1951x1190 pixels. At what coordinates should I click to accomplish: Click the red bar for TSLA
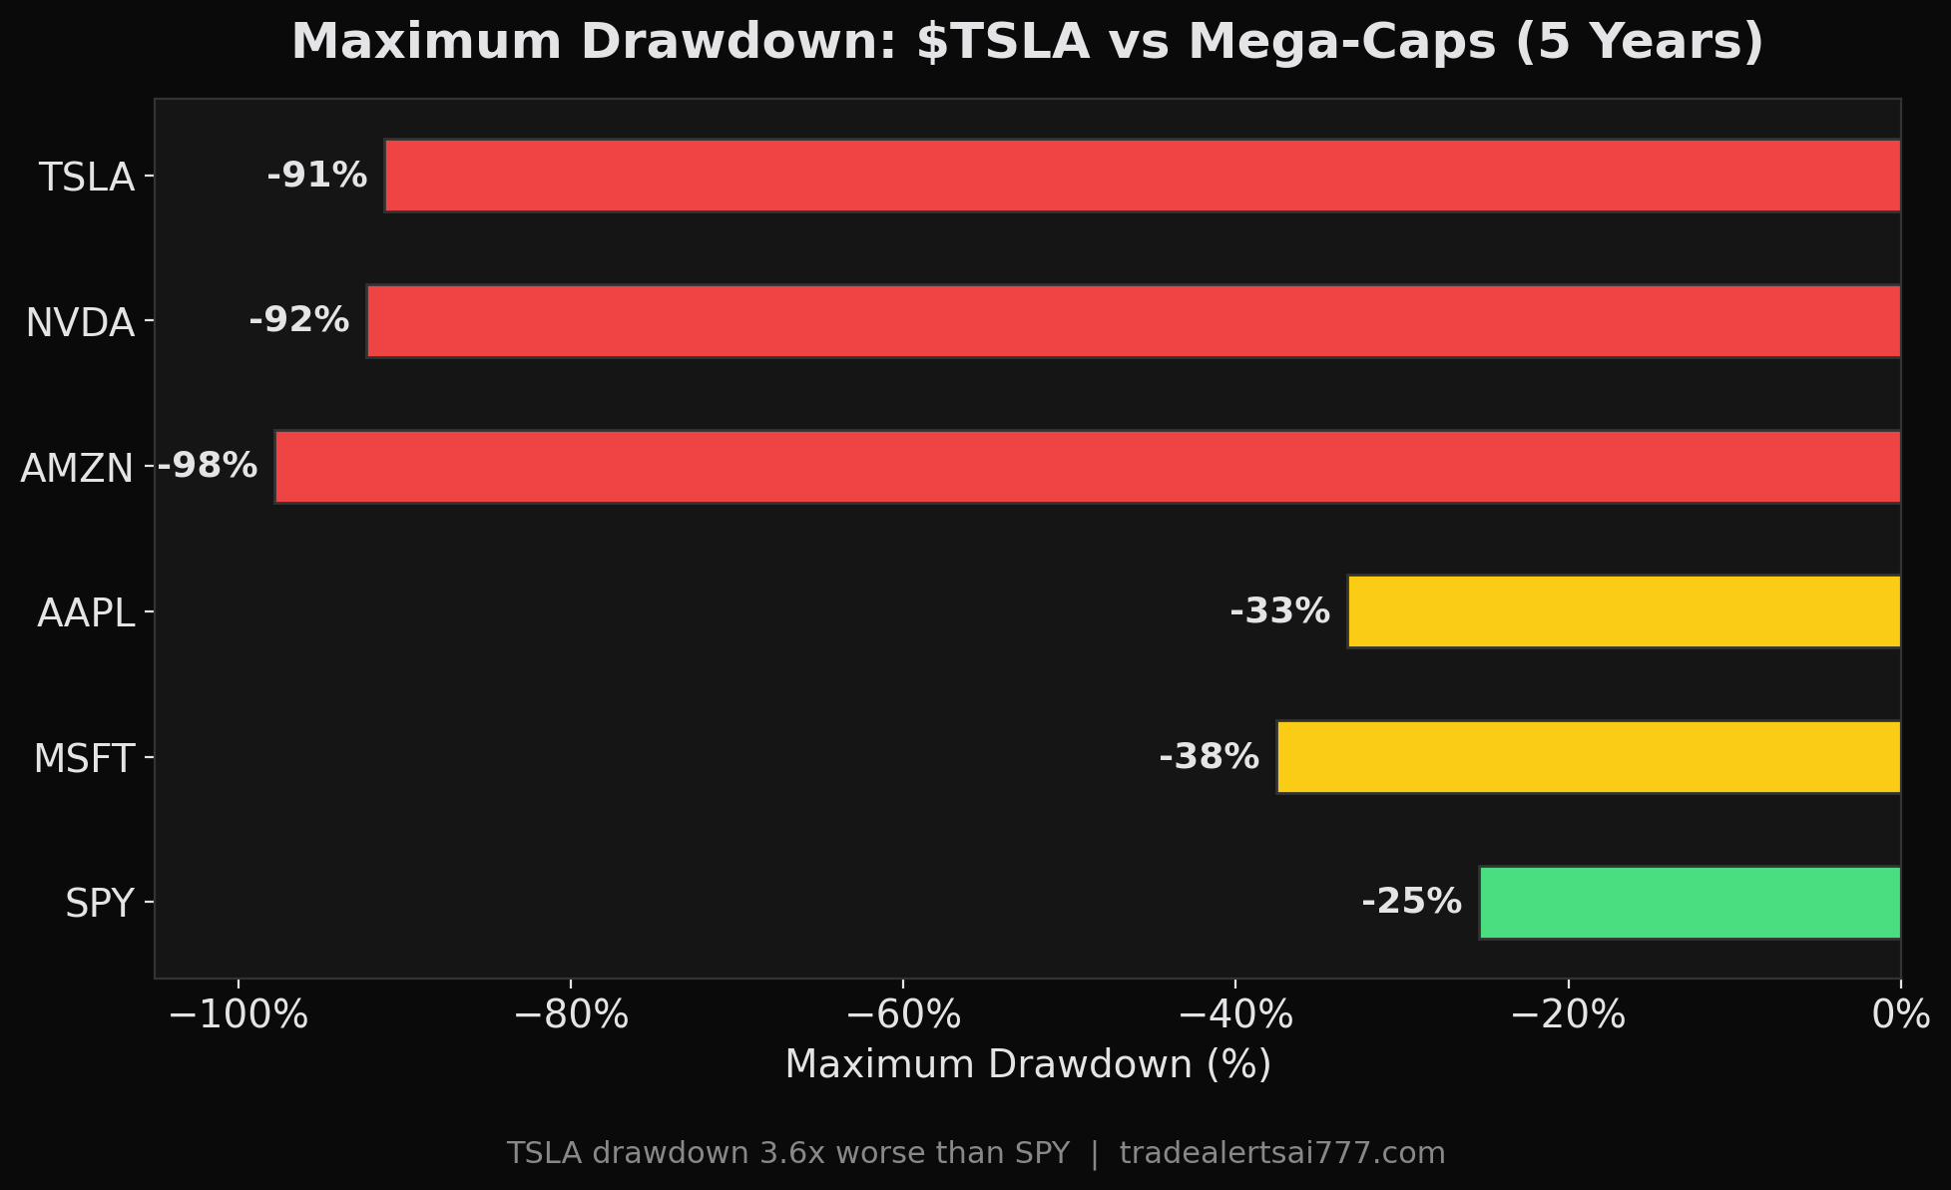(1143, 176)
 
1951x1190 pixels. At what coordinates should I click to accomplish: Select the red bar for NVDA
(1134, 321)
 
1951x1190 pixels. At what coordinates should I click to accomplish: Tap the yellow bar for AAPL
(1624, 611)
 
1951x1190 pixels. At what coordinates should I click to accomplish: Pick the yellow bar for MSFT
(1588, 757)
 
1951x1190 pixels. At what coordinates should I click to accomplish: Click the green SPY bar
(1690, 903)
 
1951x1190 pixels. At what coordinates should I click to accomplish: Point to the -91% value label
(317, 176)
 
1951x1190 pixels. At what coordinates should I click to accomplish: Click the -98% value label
(208, 466)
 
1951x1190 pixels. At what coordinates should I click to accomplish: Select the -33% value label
(1279, 611)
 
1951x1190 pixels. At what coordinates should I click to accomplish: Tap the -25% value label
(1411, 903)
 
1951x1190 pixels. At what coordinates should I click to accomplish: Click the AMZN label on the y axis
(77, 468)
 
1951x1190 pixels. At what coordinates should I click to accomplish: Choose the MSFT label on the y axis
(84, 759)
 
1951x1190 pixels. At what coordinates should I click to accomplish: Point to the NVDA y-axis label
(80, 323)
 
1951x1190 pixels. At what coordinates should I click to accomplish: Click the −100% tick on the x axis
(238, 1015)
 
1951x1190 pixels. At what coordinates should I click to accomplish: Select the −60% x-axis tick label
(902, 1015)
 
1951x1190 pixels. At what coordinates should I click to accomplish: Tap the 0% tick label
(1900, 1015)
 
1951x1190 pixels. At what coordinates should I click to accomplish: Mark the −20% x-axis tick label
(1568, 1015)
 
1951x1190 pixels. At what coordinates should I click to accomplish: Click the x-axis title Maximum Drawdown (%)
(1028, 1064)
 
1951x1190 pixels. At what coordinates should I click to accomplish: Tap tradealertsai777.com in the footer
(1281, 1153)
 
